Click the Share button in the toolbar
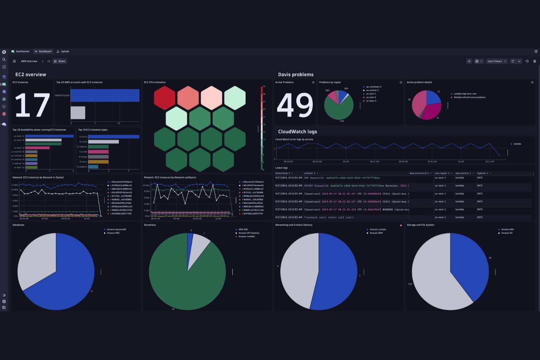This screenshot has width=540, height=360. (x=59, y=61)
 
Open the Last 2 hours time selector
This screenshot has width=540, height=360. (x=497, y=61)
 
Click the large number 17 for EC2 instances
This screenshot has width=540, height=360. (x=32, y=105)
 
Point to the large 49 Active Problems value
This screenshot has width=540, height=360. (x=295, y=105)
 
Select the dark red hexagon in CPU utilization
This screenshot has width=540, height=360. (x=165, y=98)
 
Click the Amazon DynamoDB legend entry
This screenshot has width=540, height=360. (x=116, y=229)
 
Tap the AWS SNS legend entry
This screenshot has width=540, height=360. (x=243, y=229)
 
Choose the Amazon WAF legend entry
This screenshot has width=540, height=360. (x=376, y=233)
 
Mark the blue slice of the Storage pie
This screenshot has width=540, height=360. (x=471, y=266)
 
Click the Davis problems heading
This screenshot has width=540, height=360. (x=296, y=74)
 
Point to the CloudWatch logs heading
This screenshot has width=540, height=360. (x=297, y=132)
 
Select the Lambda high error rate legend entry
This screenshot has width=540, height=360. (x=465, y=94)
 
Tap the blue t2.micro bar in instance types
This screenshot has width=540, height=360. (x=113, y=137)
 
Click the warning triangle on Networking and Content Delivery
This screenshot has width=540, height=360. (x=401, y=225)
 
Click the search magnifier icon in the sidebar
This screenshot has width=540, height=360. (x=4, y=59)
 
